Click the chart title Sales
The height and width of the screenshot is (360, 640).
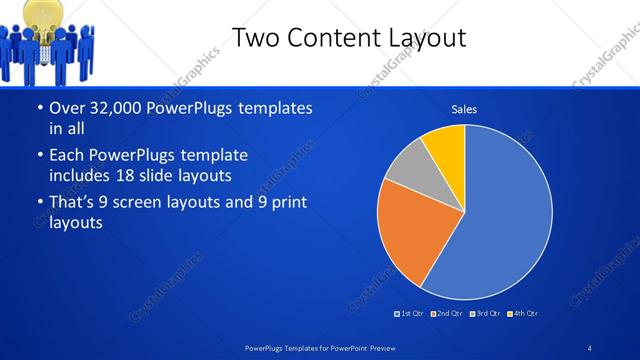(x=464, y=108)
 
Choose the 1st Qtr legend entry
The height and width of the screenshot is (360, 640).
(x=409, y=313)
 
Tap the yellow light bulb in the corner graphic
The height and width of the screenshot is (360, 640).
(x=46, y=12)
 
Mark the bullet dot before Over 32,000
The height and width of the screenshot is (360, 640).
(x=38, y=108)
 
